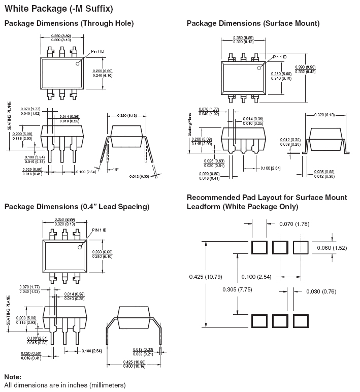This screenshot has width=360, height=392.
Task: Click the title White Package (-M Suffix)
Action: pyautogui.click(x=58, y=9)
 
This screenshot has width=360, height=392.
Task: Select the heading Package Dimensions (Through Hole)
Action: pyautogui.click(x=69, y=23)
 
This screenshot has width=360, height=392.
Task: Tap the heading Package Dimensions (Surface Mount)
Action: pyautogui.click(x=253, y=23)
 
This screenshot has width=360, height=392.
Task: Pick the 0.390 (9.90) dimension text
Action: pyautogui.click(x=305, y=67)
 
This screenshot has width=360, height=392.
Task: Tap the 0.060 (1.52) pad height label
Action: pyautogui.click(x=332, y=248)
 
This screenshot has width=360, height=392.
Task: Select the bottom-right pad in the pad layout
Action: pyautogui.click(x=301, y=321)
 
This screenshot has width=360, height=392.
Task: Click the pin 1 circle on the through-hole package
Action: pyautogui.click(x=79, y=63)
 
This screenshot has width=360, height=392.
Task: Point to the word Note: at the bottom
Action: pyautogui.click(x=13, y=377)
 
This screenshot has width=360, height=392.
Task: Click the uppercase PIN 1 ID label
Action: pyautogui.click(x=99, y=230)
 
